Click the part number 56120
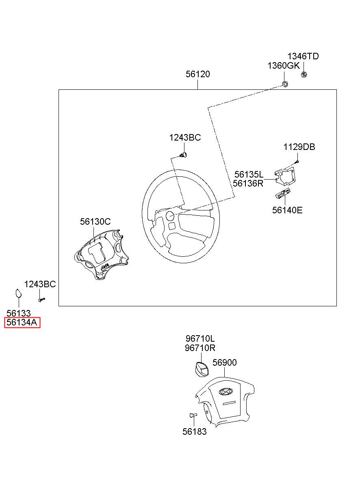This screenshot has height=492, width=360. click(x=198, y=74)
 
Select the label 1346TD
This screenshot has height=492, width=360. click(x=303, y=56)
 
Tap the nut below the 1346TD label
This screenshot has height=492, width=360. click(x=304, y=74)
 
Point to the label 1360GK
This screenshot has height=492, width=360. click(x=283, y=66)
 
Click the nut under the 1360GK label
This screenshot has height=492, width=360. click(x=285, y=84)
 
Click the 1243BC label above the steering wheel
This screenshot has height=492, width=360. click(x=185, y=138)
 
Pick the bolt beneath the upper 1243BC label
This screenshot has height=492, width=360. click(x=184, y=154)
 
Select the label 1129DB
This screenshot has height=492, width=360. click(x=299, y=147)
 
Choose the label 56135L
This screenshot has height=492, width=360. click(x=249, y=174)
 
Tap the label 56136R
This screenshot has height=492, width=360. click(x=248, y=183)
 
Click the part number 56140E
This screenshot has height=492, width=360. click(x=287, y=210)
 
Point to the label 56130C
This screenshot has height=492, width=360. click(x=95, y=221)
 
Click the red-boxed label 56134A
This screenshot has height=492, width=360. click(x=22, y=323)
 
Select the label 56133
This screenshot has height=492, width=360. click(x=19, y=313)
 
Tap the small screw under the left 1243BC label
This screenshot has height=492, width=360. click(x=41, y=300)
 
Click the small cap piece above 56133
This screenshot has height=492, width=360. click(x=18, y=293)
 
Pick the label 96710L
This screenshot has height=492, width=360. click(x=200, y=339)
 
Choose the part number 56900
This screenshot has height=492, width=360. click(x=224, y=362)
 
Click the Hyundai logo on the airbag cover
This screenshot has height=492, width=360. click(x=225, y=392)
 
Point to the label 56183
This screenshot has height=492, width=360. click(x=194, y=432)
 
